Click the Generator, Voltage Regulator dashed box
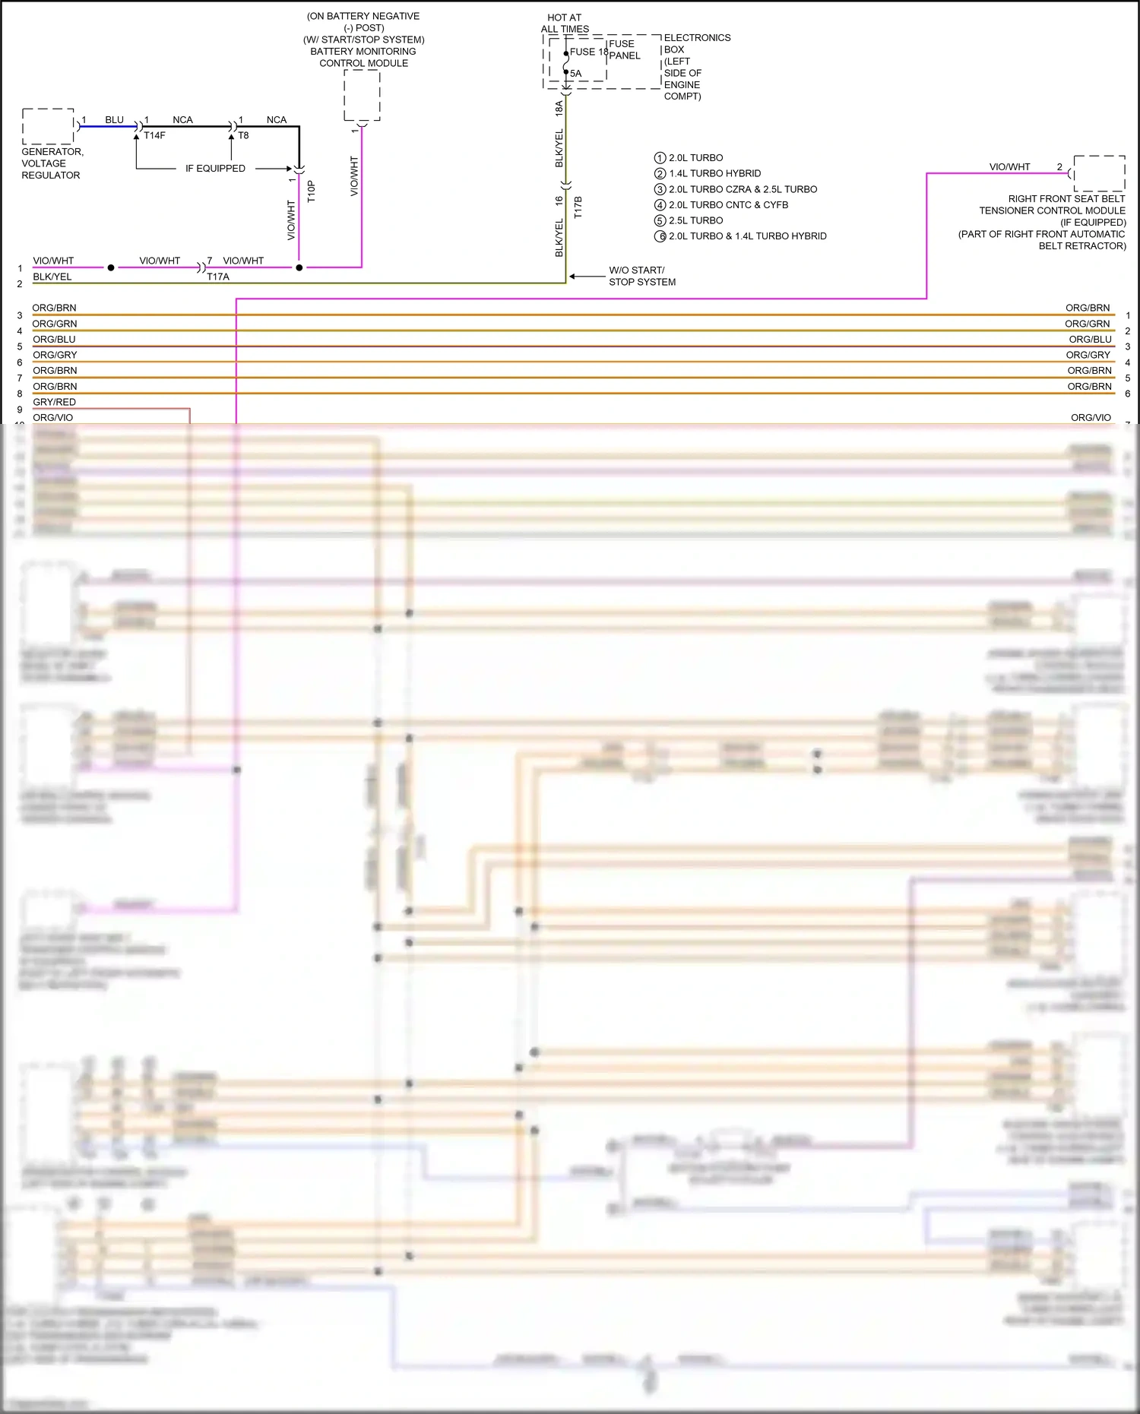click(x=48, y=126)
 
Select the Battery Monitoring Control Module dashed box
click(x=362, y=95)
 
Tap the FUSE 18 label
click(x=589, y=52)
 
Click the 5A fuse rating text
click(x=576, y=74)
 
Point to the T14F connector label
click(x=154, y=136)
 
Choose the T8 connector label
click(x=243, y=136)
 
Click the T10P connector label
click(x=311, y=191)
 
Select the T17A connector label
click(x=218, y=277)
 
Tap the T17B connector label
click(x=578, y=207)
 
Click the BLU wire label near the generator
click(x=114, y=120)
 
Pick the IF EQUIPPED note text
click(x=215, y=169)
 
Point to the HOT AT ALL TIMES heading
click(x=565, y=23)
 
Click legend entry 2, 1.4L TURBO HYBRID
click(x=714, y=173)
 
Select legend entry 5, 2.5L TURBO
click(x=695, y=220)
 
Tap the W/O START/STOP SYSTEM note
click(x=641, y=276)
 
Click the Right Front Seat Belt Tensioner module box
click(x=1099, y=173)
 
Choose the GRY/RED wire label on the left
click(x=54, y=402)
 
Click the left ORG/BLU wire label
click(x=54, y=339)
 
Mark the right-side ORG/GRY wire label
click(x=1088, y=355)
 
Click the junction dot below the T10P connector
click(x=299, y=267)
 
